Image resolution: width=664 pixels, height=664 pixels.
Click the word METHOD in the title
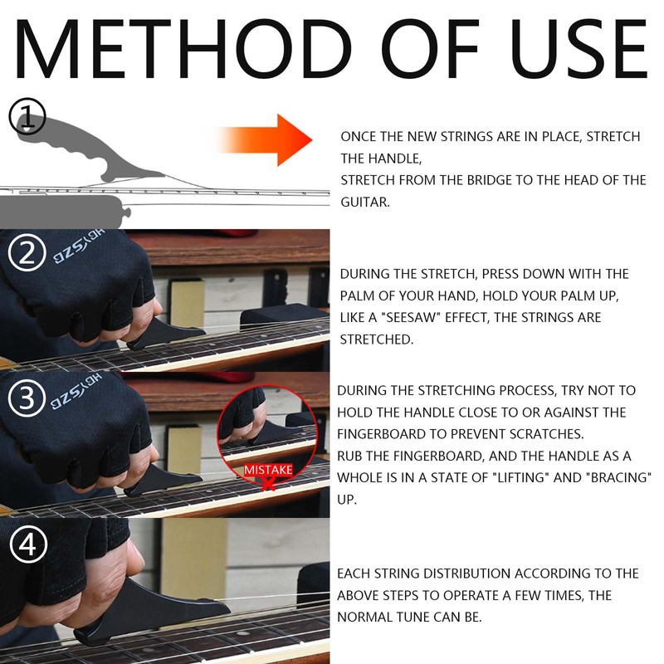click(x=184, y=48)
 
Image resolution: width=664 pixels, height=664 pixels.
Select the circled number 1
click(x=27, y=116)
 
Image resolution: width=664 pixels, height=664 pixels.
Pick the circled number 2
click(x=27, y=253)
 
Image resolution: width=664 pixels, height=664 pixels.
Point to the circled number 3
click(x=27, y=398)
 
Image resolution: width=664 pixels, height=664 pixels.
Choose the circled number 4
click(x=28, y=544)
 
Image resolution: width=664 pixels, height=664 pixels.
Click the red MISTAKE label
click(x=268, y=470)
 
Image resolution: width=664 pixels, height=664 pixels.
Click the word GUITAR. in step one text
click(x=365, y=203)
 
